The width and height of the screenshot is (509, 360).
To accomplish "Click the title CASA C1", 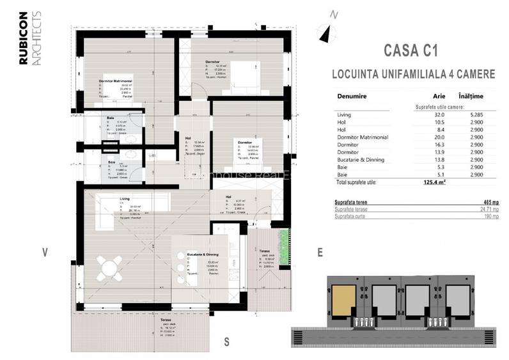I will (x=413, y=50).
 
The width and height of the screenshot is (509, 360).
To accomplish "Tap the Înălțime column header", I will (x=471, y=97).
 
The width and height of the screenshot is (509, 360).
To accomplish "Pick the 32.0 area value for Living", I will (x=423, y=114).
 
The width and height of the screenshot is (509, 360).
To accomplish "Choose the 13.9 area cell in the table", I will (x=423, y=152).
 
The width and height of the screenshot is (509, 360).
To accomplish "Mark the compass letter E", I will (x=319, y=252).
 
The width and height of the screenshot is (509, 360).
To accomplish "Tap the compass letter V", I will (x=45, y=252).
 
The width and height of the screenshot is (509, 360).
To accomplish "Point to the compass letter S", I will (x=226, y=340).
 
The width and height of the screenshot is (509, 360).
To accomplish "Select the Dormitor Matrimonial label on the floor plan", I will (x=115, y=81).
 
